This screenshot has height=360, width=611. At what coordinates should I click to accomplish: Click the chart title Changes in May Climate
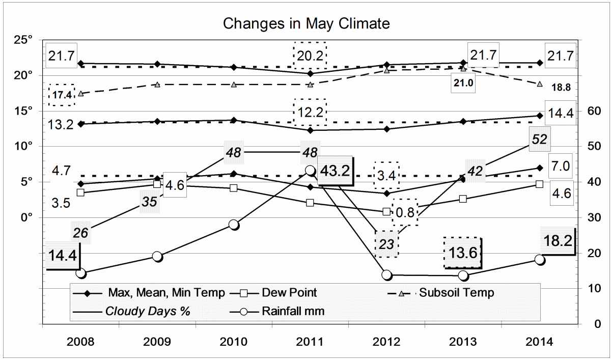[x=307, y=23]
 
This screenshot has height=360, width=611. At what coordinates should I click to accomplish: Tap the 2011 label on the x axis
[x=310, y=342]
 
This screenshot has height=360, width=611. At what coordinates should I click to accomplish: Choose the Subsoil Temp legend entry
[x=456, y=293]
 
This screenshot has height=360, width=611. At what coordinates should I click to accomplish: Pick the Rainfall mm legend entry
[x=293, y=311]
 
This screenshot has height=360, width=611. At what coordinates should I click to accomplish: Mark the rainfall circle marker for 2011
[x=310, y=170]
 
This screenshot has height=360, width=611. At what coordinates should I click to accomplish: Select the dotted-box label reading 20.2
[x=310, y=55]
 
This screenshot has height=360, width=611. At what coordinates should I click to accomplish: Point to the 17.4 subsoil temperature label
[x=62, y=95]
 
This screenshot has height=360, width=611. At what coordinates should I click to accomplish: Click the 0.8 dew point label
[x=405, y=212]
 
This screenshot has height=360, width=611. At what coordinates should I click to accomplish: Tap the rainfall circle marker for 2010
[x=234, y=225]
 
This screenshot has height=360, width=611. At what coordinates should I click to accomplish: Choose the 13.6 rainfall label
[x=462, y=252]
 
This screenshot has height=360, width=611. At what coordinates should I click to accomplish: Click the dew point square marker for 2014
[x=540, y=184]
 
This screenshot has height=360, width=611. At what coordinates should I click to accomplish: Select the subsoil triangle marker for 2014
[x=540, y=84]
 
